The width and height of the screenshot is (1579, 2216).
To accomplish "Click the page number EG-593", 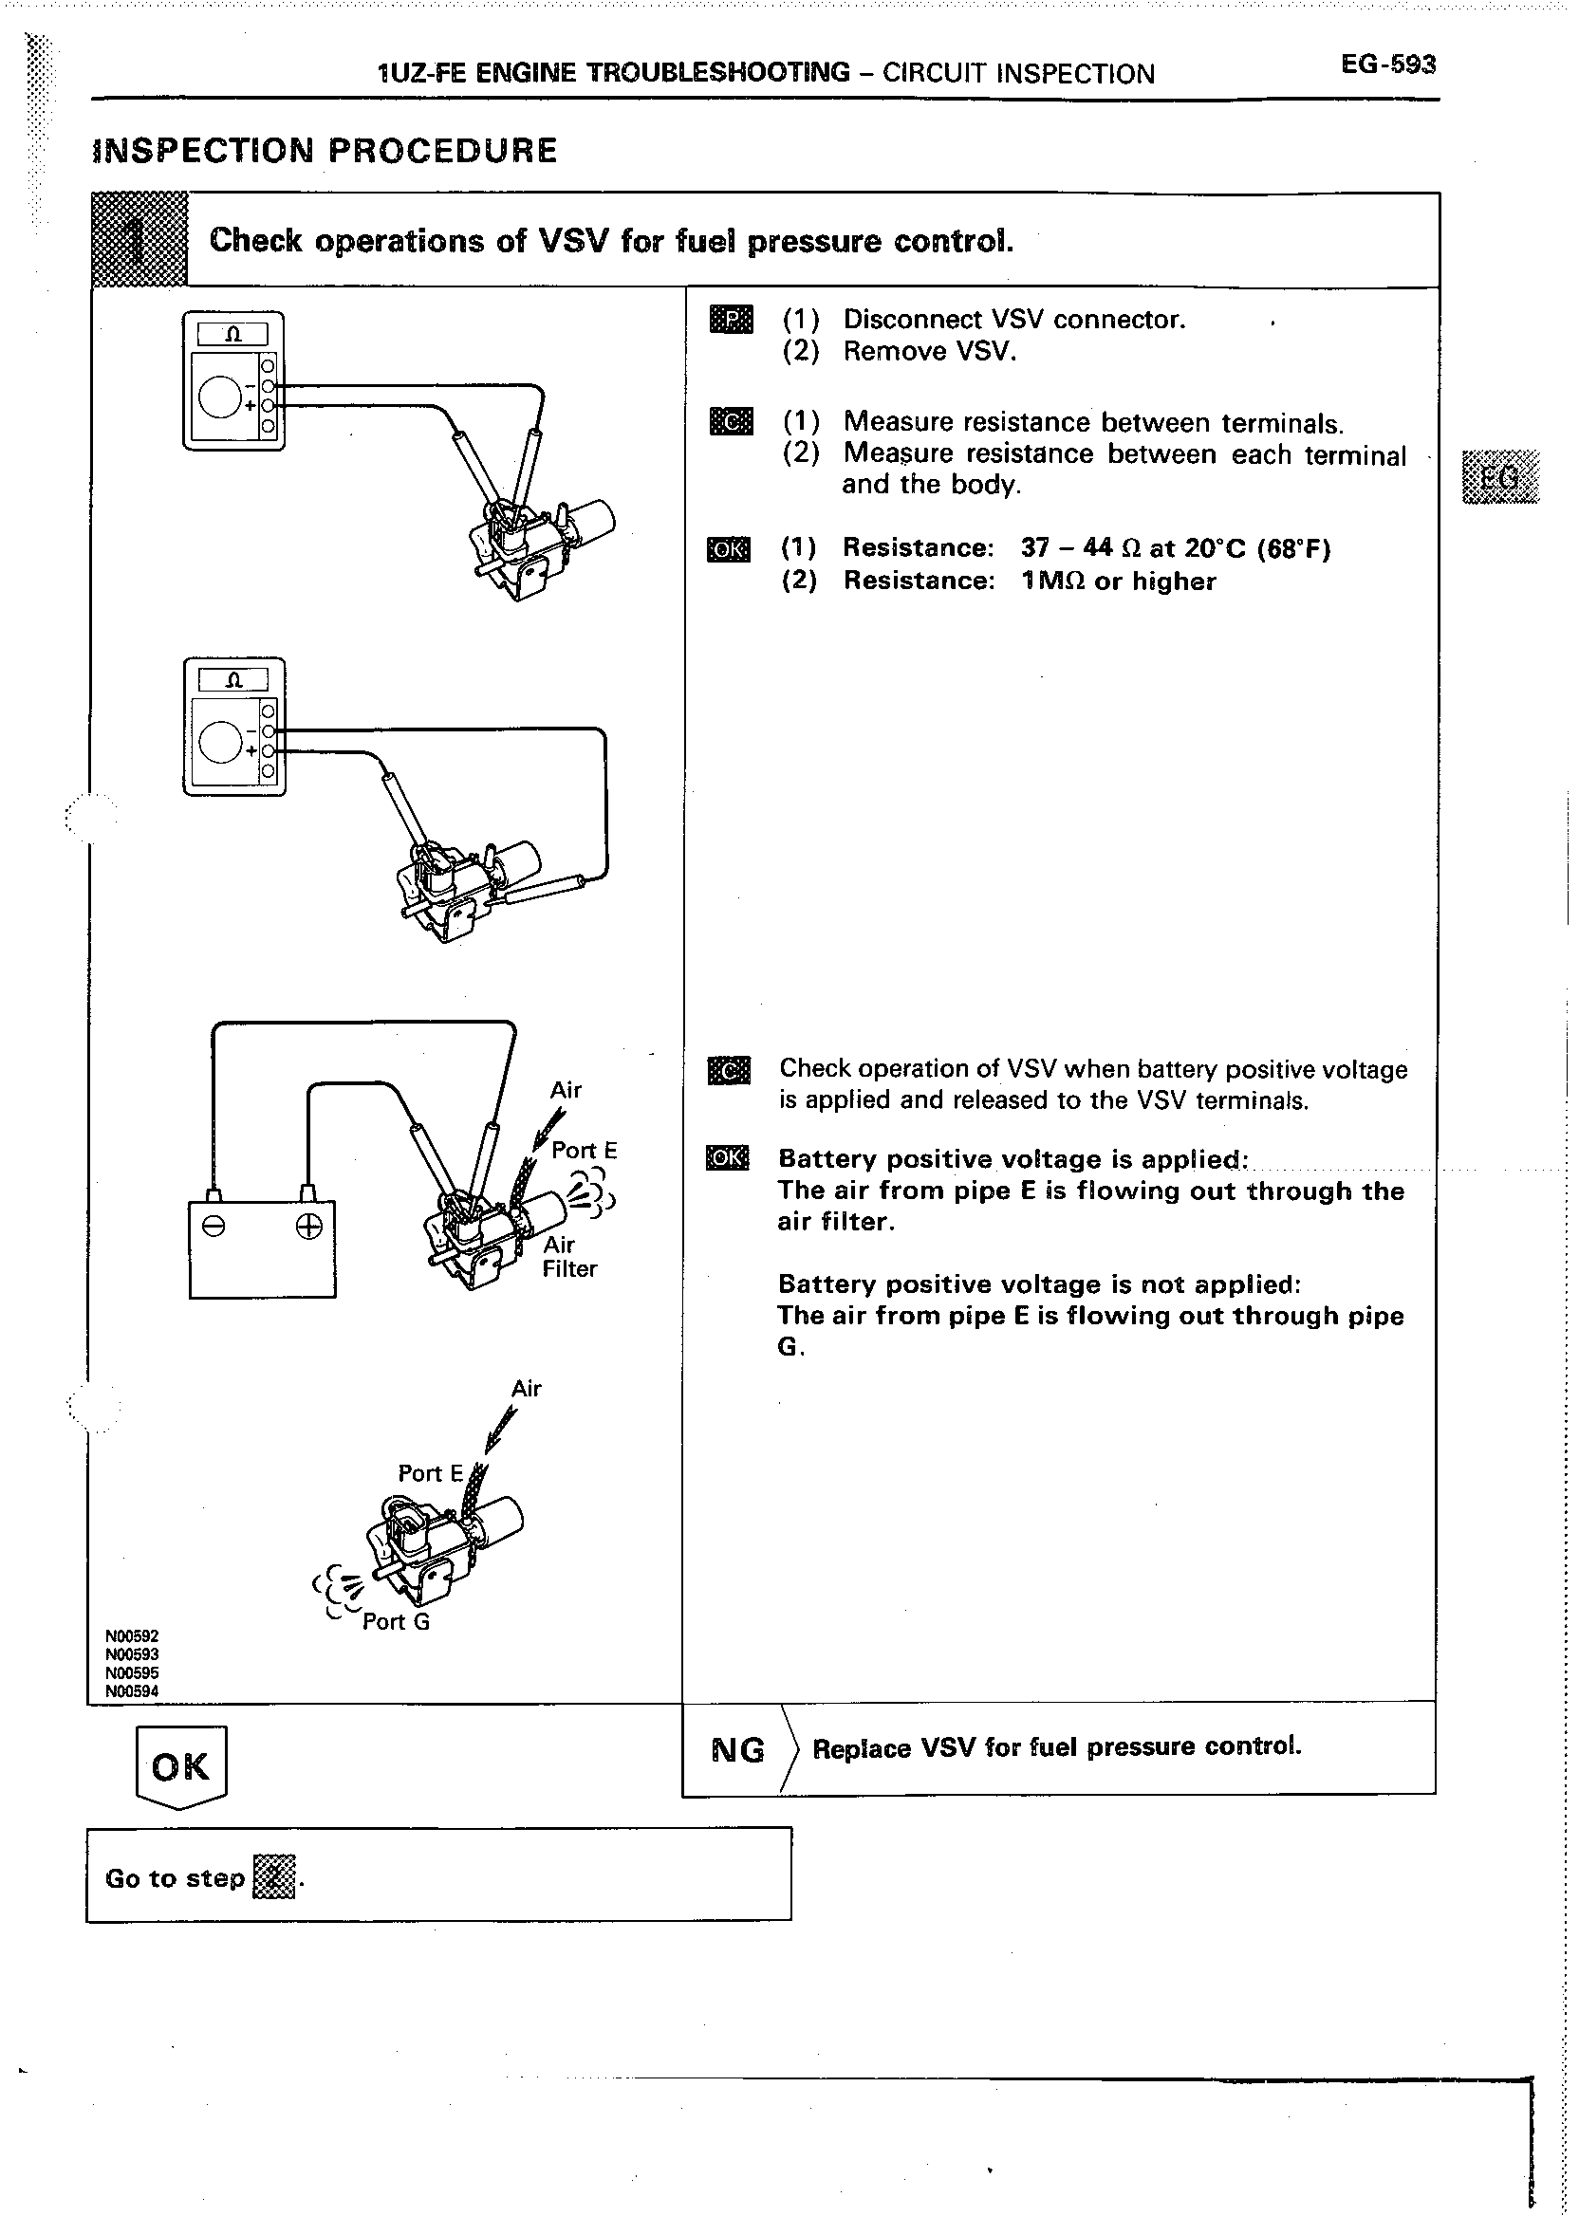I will [1387, 65].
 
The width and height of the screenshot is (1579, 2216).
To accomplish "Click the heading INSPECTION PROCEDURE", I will [325, 151].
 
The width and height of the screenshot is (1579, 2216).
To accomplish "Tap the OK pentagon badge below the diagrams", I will [181, 1766].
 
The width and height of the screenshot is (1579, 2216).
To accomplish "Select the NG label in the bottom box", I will [738, 1749].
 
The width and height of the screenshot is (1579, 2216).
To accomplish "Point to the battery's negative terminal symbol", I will [214, 1228].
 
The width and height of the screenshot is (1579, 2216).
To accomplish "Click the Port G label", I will [396, 1621].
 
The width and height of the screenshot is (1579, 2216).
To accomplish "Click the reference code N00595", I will [131, 1672].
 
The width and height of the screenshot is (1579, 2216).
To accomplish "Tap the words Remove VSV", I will [930, 351].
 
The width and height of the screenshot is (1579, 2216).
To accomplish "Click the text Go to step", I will [175, 1877].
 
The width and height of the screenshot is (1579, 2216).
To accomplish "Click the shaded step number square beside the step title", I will [139, 240].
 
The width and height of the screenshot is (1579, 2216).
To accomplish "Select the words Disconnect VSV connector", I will [1014, 320].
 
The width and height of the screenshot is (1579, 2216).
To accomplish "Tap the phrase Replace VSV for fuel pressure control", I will [1057, 1747].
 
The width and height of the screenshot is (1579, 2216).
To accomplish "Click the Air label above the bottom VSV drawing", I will [526, 1388].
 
